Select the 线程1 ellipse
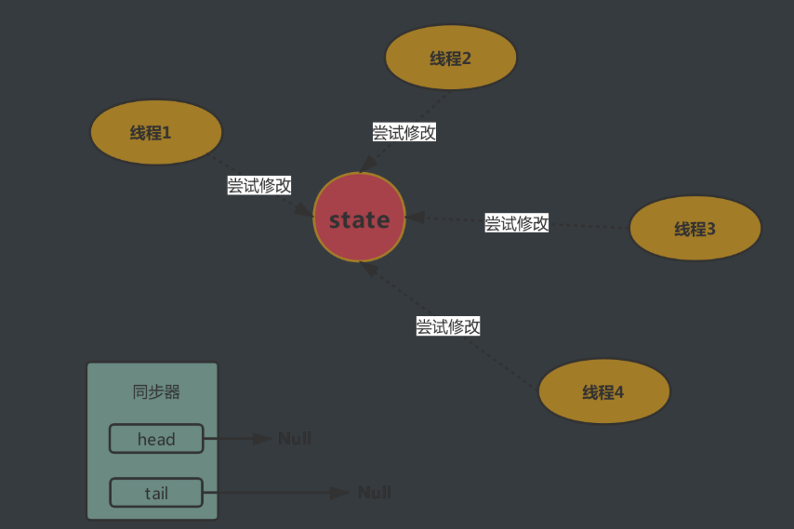point(155,132)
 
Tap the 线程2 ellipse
point(451,58)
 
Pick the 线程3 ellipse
point(695,228)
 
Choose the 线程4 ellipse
point(604,391)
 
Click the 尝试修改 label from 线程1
point(259,185)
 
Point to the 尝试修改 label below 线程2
point(404,132)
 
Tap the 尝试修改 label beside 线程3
point(517,223)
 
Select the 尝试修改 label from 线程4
point(448,326)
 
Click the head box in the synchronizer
point(156,439)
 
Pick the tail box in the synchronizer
point(156,493)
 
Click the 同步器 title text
point(156,391)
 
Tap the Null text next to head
point(295,438)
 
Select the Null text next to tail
point(374,492)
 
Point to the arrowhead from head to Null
point(264,438)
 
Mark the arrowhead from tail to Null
point(341,492)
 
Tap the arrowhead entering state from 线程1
point(304,213)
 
